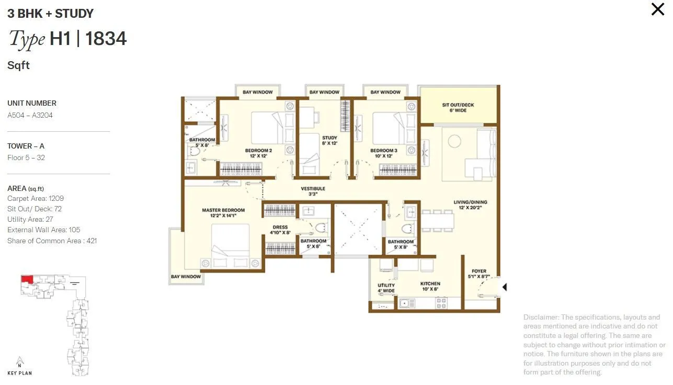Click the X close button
pyautogui.click(x=657, y=9)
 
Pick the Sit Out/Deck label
pyautogui.click(x=458, y=108)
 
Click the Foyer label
pyautogui.click(x=479, y=274)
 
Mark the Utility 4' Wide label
pyautogui.click(x=386, y=288)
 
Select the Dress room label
pyautogui.click(x=280, y=230)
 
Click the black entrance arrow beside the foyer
pyautogui.click(x=505, y=287)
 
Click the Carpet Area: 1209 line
pyautogui.click(x=36, y=199)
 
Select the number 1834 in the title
pyautogui.click(x=106, y=39)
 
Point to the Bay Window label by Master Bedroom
pyautogui.click(x=186, y=277)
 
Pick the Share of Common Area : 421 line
pyautogui.click(x=52, y=241)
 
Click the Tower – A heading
pyautogui.click(x=25, y=146)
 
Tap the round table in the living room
pyautogui.click(x=453, y=140)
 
